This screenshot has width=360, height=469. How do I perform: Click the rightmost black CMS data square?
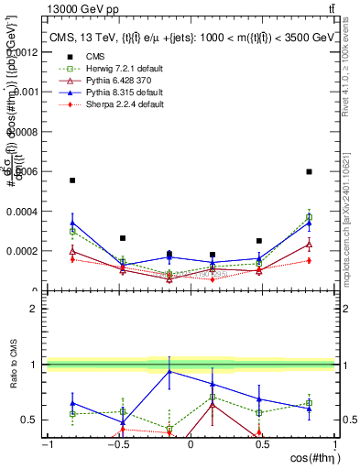click(310, 171)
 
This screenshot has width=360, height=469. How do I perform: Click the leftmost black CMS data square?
click(72, 180)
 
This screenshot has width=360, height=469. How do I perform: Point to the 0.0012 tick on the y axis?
click(26, 53)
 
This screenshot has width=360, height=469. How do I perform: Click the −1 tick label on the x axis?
click(45, 444)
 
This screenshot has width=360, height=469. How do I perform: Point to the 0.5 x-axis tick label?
click(262, 444)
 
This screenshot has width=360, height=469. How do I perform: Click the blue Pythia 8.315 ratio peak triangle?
click(169, 371)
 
